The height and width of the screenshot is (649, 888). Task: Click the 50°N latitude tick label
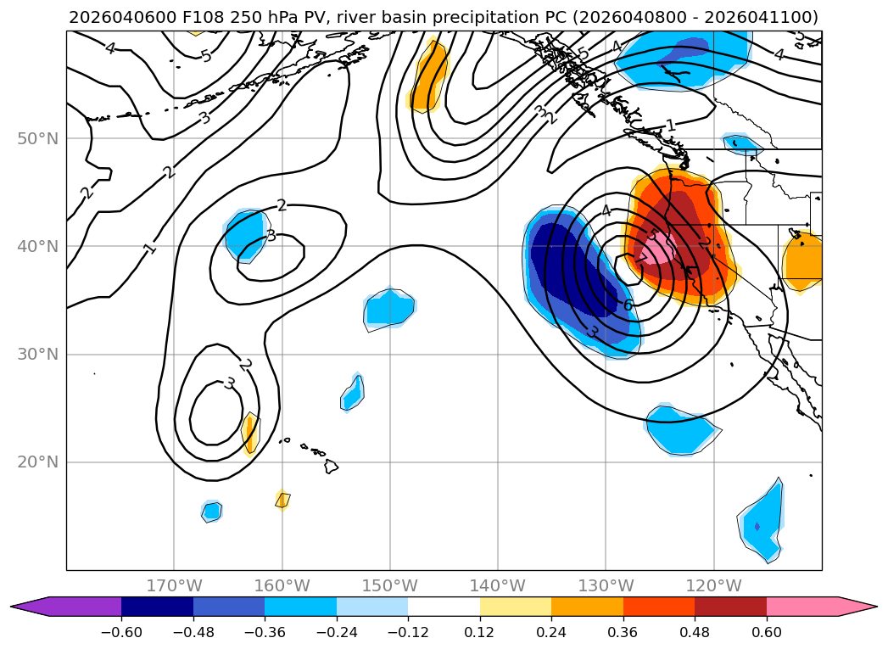[37, 138]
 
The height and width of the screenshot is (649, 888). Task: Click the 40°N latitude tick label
[37, 246]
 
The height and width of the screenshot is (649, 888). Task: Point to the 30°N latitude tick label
[37, 354]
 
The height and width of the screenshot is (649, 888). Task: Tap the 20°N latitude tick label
[37, 462]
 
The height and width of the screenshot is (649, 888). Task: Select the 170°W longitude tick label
[174, 585]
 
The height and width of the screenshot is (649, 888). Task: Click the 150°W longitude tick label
[389, 585]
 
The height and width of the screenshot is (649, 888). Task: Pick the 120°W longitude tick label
[713, 585]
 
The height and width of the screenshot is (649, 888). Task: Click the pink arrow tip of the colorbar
[860, 607]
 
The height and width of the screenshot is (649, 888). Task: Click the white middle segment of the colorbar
[444, 607]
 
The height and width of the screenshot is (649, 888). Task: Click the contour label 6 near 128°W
[628, 305]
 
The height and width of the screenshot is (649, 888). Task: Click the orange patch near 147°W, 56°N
[429, 76]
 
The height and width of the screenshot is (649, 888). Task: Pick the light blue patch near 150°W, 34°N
[389, 309]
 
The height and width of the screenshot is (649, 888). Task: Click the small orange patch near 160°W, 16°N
[282, 501]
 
